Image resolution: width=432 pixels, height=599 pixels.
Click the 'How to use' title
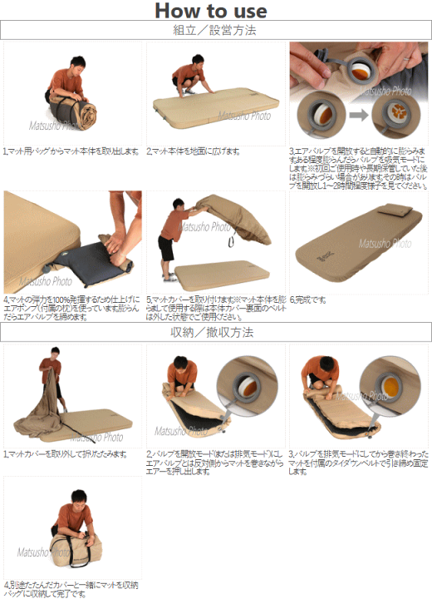tap(211, 11)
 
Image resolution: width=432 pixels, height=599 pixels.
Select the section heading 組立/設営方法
tap(216, 31)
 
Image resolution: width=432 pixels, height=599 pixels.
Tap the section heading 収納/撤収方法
tap(216, 333)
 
